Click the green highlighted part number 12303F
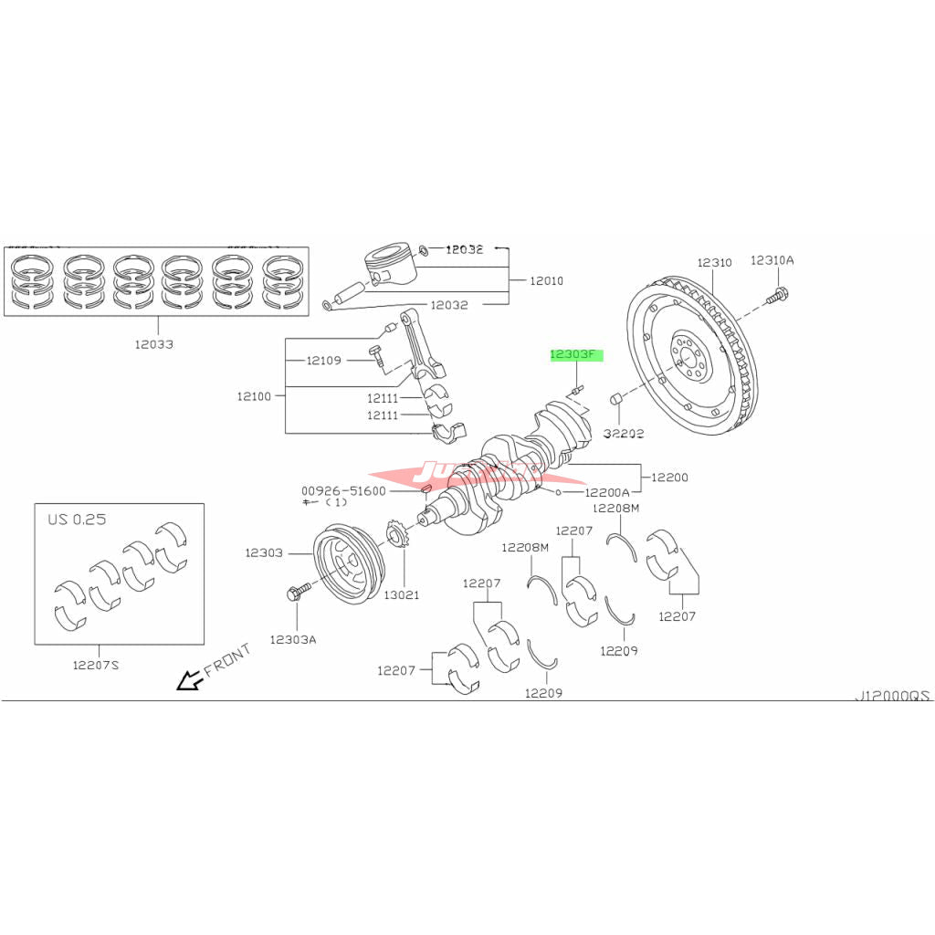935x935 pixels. click(576, 354)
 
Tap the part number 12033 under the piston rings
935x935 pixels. click(154, 344)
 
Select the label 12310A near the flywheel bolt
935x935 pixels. click(772, 260)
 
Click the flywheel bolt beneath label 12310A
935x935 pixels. click(779, 294)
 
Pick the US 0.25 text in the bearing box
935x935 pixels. click(77, 519)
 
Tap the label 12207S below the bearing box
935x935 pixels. click(97, 665)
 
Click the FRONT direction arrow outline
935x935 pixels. click(189, 680)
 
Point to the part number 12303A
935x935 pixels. click(293, 639)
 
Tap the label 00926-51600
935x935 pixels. click(344, 490)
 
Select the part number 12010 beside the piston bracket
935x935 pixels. click(546, 280)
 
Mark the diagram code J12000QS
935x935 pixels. click(891, 695)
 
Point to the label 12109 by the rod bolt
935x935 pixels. click(323, 361)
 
